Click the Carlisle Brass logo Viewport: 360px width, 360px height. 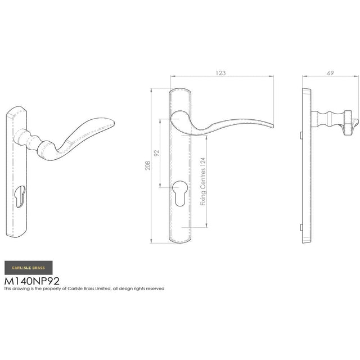(x=29, y=267)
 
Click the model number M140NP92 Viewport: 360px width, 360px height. (x=32, y=280)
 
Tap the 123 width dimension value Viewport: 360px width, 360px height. (x=220, y=73)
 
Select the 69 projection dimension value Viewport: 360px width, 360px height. (x=330, y=73)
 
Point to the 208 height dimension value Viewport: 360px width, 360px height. (x=147, y=165)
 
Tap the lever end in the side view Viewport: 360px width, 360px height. (x=351, y=120)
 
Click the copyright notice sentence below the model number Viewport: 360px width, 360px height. (x=84, y=289)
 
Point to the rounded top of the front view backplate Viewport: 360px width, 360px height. (x=181, y=91)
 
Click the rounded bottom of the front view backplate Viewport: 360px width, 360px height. (x=181, y=240)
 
